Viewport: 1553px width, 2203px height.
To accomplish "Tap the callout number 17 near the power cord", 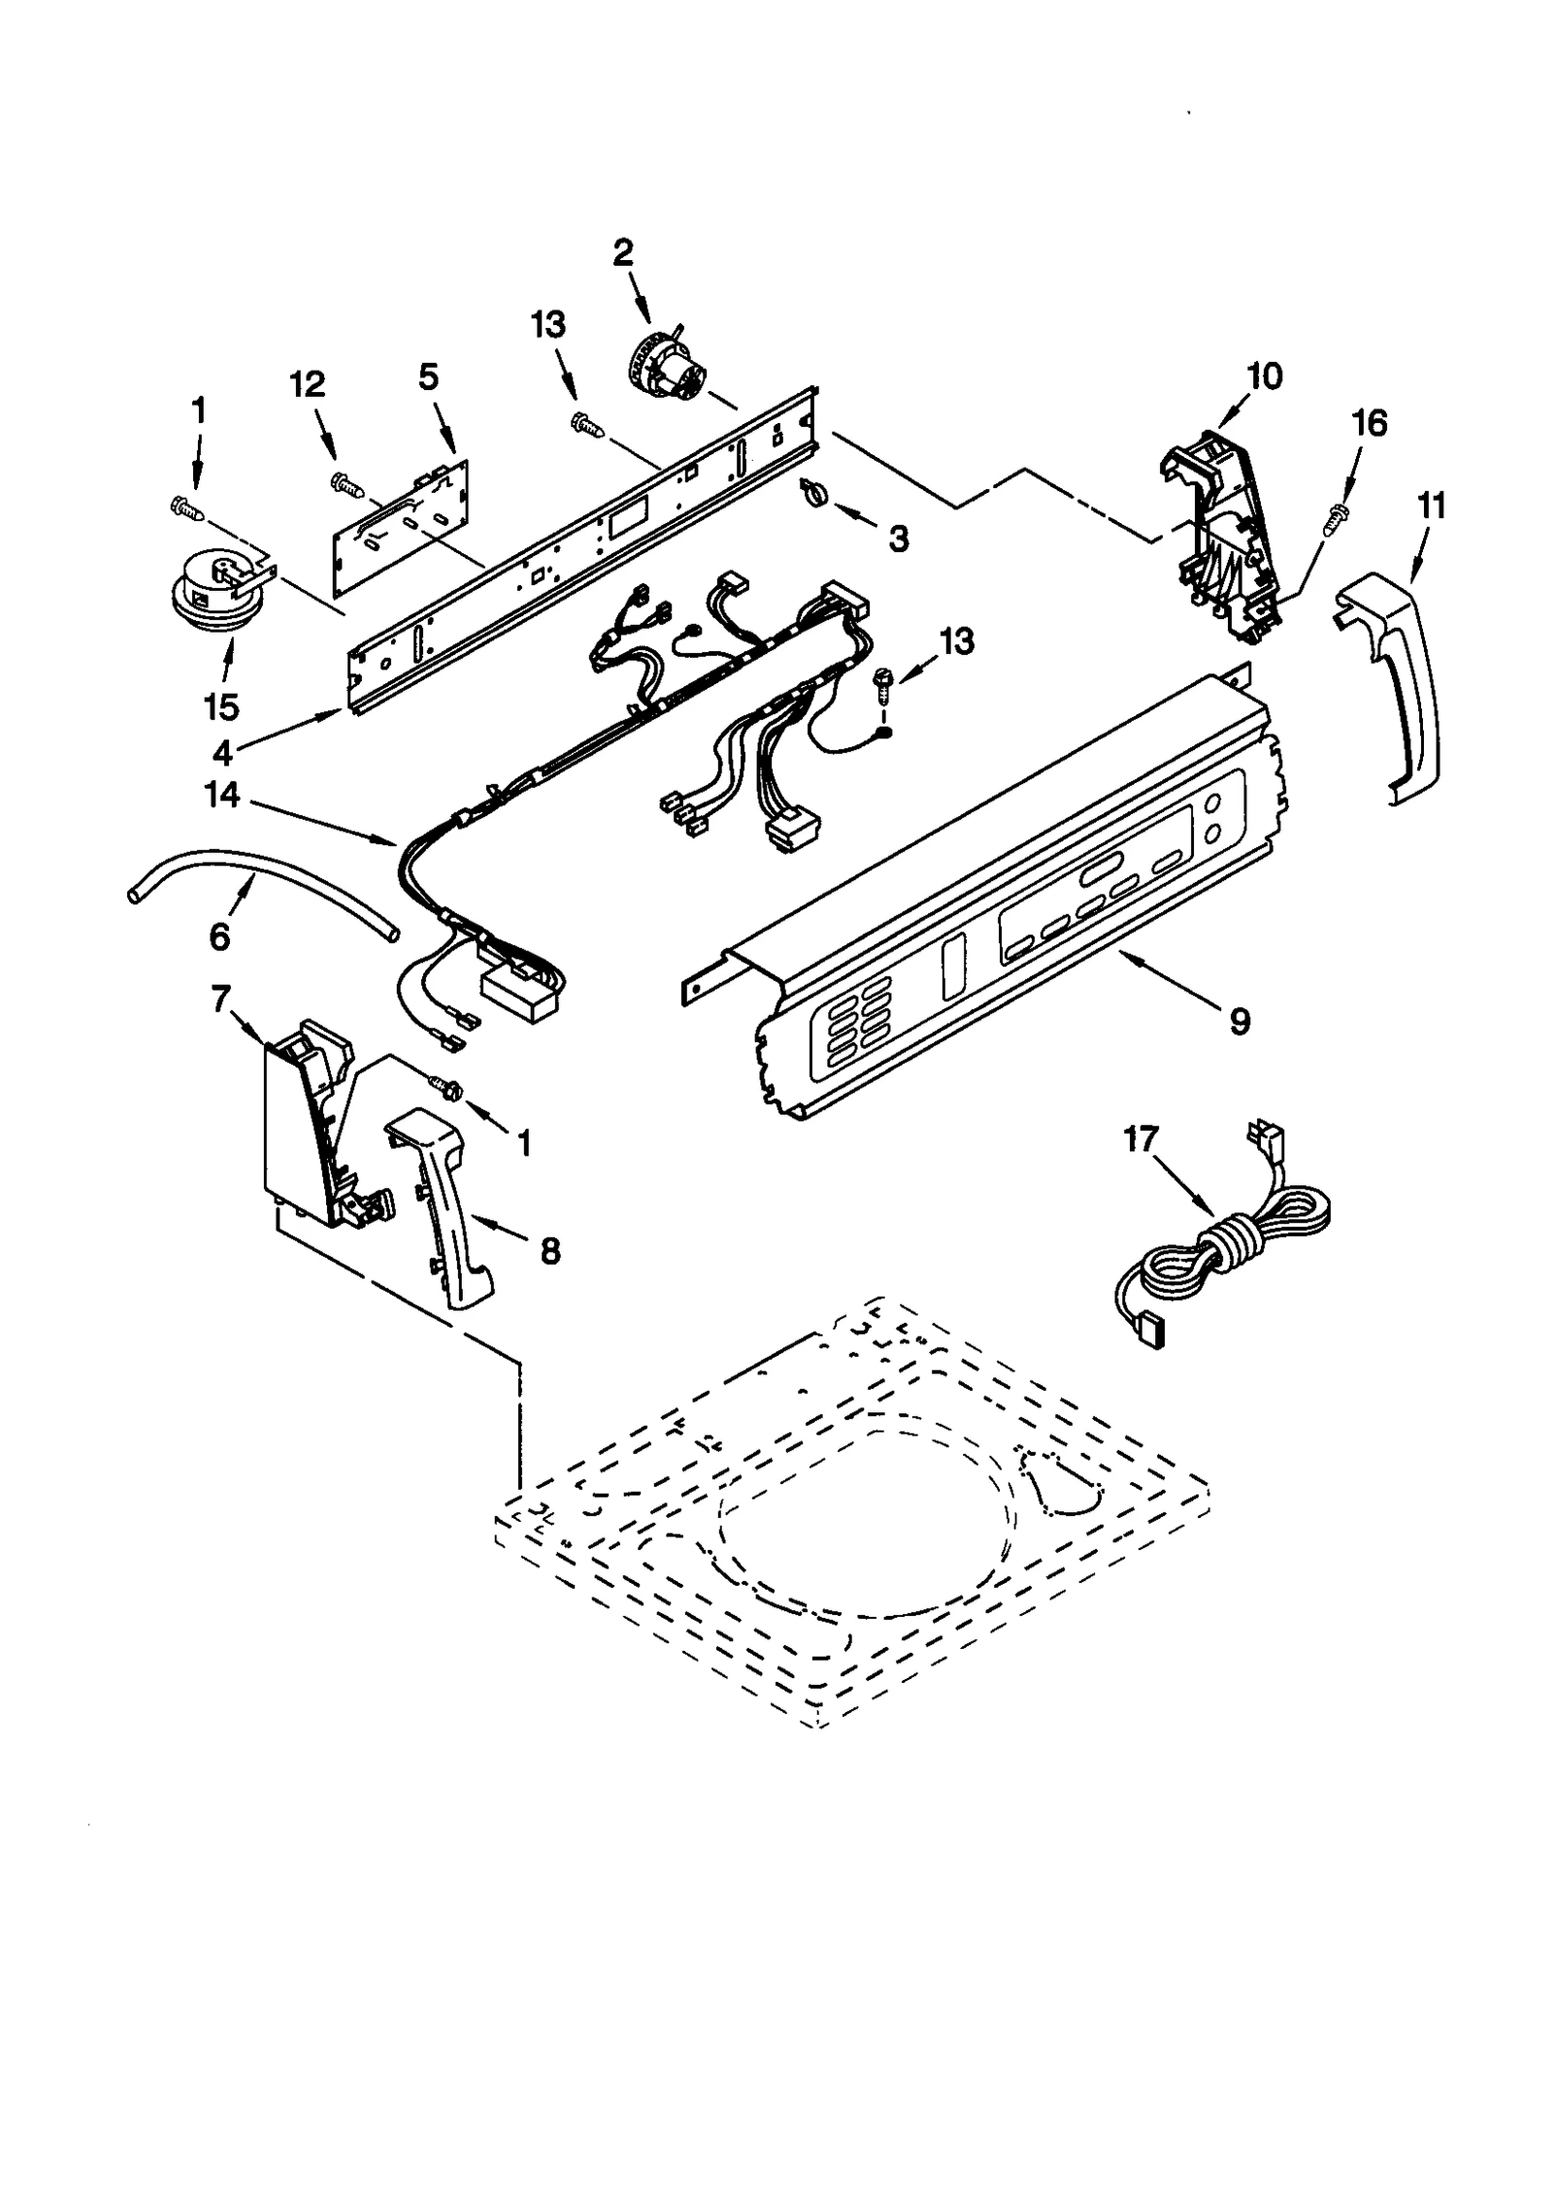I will click(1141, 1139).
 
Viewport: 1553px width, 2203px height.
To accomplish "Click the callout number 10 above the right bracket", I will click(1264, 376).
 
